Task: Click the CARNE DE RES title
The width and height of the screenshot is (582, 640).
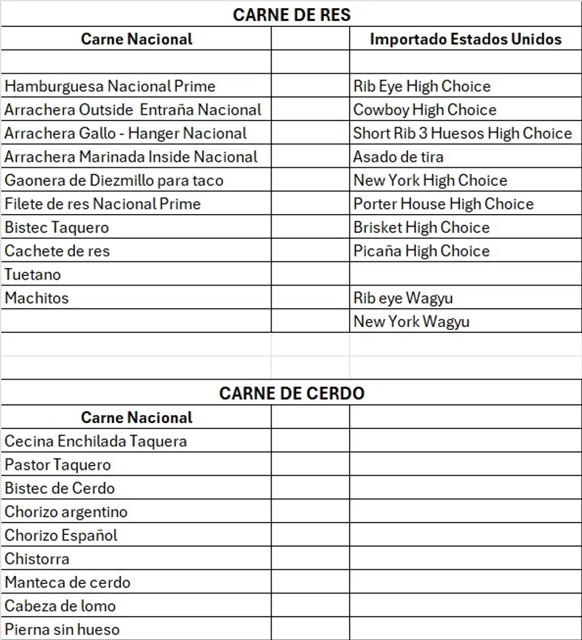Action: [x=291, y=15]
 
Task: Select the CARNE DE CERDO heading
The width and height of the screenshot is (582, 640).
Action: [x=292, y=393]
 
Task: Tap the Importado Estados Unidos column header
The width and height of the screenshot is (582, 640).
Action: [x=466, y=39]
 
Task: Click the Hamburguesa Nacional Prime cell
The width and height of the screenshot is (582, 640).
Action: [x=110, y=87]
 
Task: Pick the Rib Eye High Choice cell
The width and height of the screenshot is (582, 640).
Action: [x=422, y=87]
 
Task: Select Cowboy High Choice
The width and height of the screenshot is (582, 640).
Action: [x=425, y=110]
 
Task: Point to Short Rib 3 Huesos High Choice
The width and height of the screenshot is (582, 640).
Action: [x=463, y=133]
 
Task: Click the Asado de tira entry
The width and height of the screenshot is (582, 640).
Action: [x=398, y=157]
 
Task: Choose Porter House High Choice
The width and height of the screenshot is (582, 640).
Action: [x=443, y=204]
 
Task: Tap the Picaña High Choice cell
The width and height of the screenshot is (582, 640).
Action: [x=421, y=251]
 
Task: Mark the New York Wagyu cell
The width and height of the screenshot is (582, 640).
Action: [x=411, y=322]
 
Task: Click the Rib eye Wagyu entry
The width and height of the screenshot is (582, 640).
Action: [x=403, y=298]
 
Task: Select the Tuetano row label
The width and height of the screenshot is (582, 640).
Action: [x=33, y=274]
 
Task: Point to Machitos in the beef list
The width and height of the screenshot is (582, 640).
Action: [x=36, y=298]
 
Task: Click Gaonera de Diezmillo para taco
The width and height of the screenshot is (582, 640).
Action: [x=113, y=181]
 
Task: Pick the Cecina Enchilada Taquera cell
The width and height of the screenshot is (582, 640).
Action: [x=95, y=441]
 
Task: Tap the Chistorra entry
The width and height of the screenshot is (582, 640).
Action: [x=37, y=559]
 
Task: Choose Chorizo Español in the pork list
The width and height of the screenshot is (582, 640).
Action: [x=60, y=535]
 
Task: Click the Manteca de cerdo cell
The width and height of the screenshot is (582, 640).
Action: [x=67, y=582]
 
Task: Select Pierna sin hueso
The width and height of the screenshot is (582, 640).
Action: [x=62, y=629]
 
